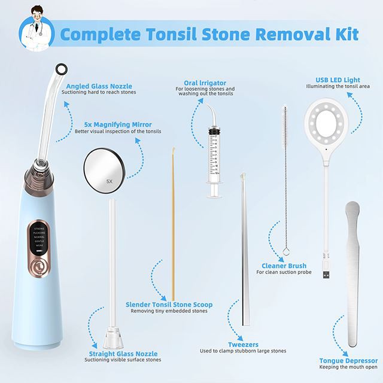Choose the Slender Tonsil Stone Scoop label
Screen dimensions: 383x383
point(168,304)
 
